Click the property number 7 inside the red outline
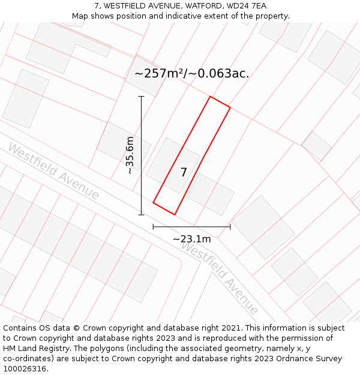click(x=184, y=173)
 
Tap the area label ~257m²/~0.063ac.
click(x=191, y=74)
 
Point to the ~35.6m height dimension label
click(x=130, y=155)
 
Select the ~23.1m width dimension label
click(x=192, y=239)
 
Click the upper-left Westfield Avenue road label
click(x=53, y=172)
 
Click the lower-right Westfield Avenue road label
click(x=220, y=278)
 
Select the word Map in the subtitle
click(x=81, y=16)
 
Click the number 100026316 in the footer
click(x=25, y=369)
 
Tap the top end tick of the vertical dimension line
click(x=142, y=96)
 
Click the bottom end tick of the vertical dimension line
click(x=142, y=214)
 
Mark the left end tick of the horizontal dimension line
click(x=154, y=227)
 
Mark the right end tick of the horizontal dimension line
click(x=230, y=227)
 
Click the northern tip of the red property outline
click(x=210, y=97)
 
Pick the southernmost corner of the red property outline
click(x=175, y=214)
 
